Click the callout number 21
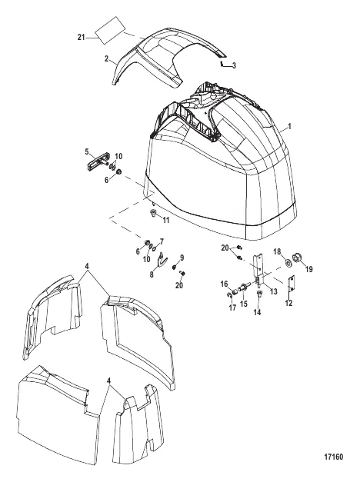[81, 38]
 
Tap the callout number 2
[106, 58]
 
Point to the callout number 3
[234, 65]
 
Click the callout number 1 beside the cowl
[289, 126]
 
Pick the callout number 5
[87, 151]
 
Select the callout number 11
[166, 220]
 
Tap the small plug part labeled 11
[152, 213]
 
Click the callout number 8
[152, 274]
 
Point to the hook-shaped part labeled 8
[161, 260]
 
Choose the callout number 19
[309, 269]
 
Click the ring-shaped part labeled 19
[298, 258]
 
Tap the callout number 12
[288, 303]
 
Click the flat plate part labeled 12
[292, 284]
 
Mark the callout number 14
[257, 312]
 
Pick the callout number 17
[232, 307]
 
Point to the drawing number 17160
[334, 457]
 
